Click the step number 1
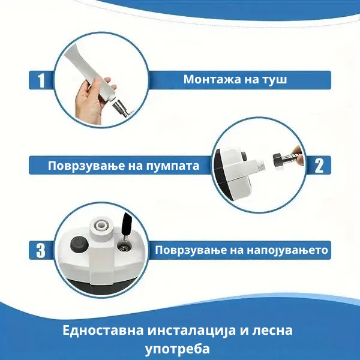41,80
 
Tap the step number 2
319,166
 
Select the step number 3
41,250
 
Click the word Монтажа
212,79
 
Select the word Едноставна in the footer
103,331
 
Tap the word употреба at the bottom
177,349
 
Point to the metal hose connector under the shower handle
121,107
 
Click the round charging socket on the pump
123,248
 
